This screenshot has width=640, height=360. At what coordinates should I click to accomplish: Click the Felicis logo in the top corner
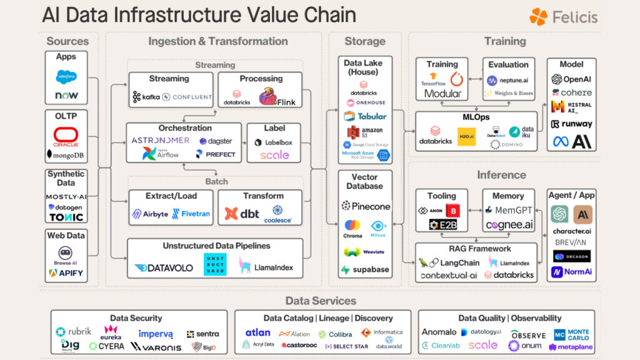(563, 17)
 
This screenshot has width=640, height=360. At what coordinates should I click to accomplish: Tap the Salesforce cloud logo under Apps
(66, 77)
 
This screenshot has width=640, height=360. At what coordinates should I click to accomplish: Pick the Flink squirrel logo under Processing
(277, 97)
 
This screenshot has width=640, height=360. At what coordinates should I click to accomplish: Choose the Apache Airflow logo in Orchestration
(161, 154)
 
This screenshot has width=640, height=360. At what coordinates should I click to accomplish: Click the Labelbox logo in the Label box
(274, 142)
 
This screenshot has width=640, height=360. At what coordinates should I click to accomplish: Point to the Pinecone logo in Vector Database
(366, 206)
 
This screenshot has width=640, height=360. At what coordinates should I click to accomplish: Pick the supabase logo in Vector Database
(365, 270)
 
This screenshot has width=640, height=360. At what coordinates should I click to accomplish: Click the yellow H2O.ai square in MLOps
(466, 136)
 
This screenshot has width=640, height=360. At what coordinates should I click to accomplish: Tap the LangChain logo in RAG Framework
(449, 263)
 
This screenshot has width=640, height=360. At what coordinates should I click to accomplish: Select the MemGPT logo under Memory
(508, 211)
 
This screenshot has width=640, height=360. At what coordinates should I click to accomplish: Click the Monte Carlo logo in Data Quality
(571, 334)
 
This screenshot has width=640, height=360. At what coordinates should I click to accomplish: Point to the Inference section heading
(501, 175)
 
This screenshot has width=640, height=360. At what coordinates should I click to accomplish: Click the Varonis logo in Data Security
(156, 346)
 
